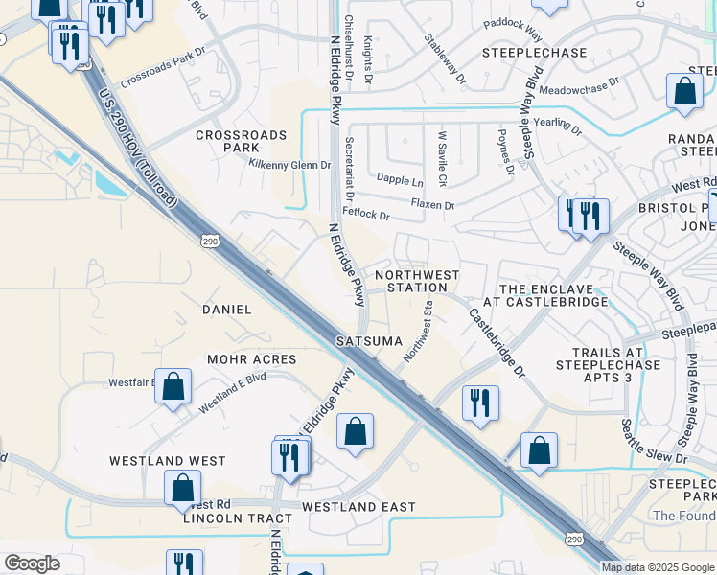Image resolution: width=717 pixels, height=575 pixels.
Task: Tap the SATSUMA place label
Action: (x=368, y=340)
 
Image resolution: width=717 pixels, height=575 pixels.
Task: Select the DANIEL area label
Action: (x=227, y=310)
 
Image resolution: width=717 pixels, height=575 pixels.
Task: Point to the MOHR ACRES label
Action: (x=252, y=359)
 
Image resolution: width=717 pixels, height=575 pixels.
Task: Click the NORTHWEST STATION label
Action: (x=417, y=281)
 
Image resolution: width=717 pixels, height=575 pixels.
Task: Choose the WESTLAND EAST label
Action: (x=358, y=506)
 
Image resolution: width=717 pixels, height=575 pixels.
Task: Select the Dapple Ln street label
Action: (x=399, y=180)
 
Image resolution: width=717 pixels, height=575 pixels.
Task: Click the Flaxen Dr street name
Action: (x=431, y=204)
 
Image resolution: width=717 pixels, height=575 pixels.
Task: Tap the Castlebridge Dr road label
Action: (x=497, y=340)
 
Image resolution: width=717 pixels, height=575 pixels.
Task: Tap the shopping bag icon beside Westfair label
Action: (x=173, y=388)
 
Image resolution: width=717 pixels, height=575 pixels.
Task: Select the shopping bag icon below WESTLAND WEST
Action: (x=182, y=487)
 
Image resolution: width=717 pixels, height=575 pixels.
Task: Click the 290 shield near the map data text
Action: (x=574, y=540)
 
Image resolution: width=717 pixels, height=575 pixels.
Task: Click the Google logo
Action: (x=32, y=563)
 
